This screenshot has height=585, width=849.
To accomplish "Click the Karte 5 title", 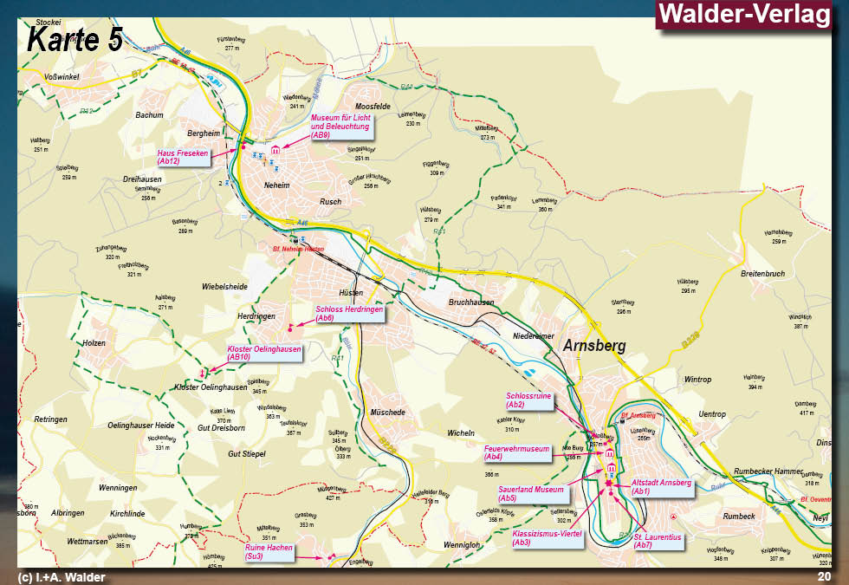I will pyautogui.click(x=74, y=39).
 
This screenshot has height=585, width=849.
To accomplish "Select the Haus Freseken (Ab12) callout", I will pyautogui.click(x=183, y=157).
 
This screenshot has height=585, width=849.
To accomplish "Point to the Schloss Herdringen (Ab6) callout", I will pyautogui.click(x=347, y=314).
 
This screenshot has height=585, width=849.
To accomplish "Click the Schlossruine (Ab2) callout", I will pyautogui.click(x=528, y=400).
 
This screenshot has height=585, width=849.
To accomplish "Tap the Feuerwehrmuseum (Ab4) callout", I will pyautogui.click(x=518, y=452).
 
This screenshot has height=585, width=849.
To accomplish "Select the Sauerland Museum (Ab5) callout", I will pyautogui.click(x=531, y=493).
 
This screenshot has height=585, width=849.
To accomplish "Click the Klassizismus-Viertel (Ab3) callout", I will pyautogui.click(x=546, y=537).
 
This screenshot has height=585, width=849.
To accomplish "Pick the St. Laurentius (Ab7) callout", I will pyautogui.click(x=658, y=542).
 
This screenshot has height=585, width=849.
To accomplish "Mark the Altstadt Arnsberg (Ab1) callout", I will pyautogui.click(x=662, y=486).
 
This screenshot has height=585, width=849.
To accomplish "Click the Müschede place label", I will pyautogui.click(x=387, y=413).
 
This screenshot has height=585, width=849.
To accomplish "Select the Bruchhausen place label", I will pyautogui.click(x=471, y=302).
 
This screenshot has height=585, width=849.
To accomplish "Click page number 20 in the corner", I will pyautogui.click(x=824, y=576).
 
